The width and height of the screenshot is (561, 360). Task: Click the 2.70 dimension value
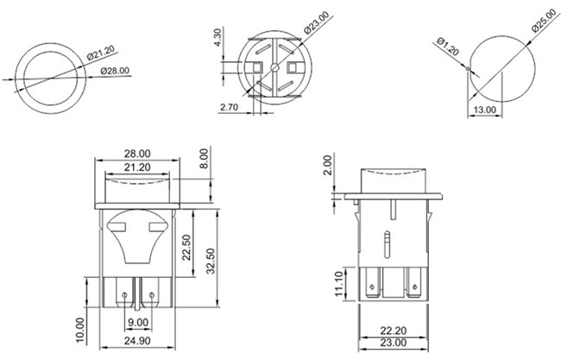point(230,108)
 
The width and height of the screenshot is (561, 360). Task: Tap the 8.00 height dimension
point(204,159)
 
